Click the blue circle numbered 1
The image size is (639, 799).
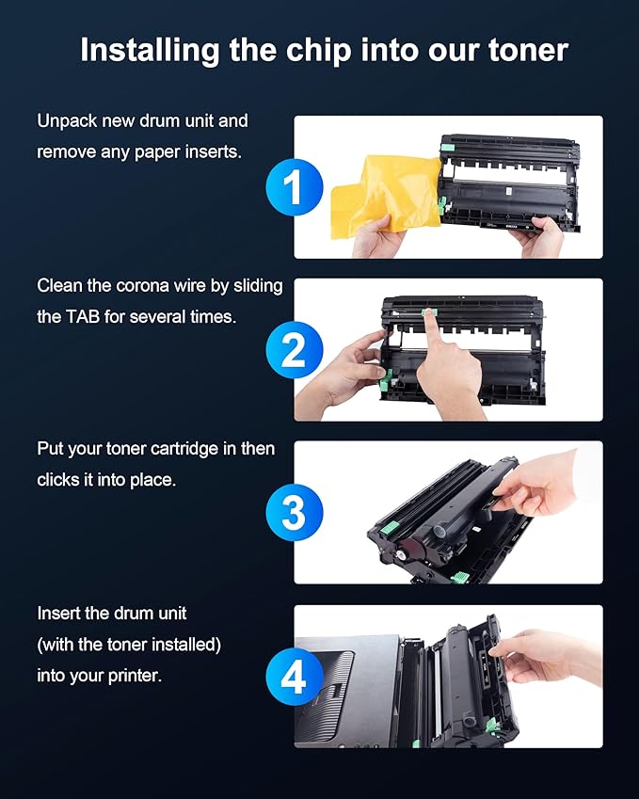pyautogui.click(x=294, y=187)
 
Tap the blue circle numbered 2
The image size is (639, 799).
pyautogui.click(x=294, y=350)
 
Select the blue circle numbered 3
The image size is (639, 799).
pyautogui.click(x=294, y=513)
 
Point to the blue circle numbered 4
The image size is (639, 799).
pyautogui.click(x=294, y=677)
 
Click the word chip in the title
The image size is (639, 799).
pyautogui.click(x=318, y=52)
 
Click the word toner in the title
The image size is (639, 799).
pyautogui.click(x=528, y=51)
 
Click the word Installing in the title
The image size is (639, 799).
pyautogui.click(x=150, y=52)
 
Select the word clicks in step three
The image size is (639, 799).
pyautogui.click(x=58, y=480)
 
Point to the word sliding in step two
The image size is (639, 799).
pyautogui.click(x=258, y=287)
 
